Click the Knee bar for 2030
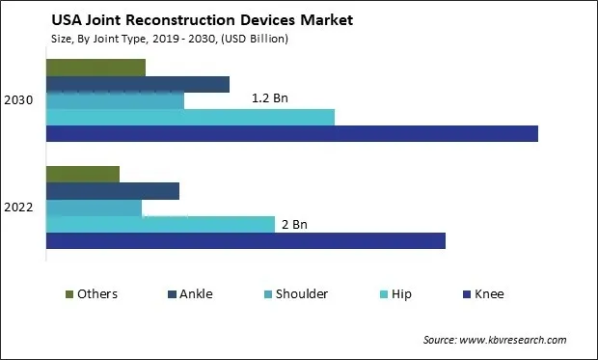pos(291,134)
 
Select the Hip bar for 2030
pos(190,117)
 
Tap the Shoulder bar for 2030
pos(115,100)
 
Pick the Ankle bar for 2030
pos(137,84)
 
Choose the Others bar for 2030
pos(95,68)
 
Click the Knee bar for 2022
pos(245,240)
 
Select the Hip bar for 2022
pos(160,224)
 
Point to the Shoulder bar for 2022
pos(94,208)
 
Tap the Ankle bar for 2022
pos(112,191)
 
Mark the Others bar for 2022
pos(82,175)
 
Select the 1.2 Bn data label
pos(269,98)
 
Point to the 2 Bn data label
pos(294,224)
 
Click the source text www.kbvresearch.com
pos(494,340)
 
